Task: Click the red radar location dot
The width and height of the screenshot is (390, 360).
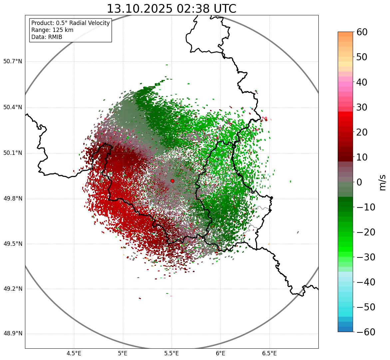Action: pyautogui.click(x=172, y=181)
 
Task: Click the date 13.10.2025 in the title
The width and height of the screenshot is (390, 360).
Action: pyautogui.click(x=140, y=9)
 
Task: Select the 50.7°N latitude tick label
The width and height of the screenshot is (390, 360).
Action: pyautogui.click(x=13, y=61)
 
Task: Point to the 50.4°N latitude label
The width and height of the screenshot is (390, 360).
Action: pyautogui.click(x=13, y=107)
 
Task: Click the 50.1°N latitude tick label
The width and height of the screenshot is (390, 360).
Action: pyautogui.click(x=13, y=153)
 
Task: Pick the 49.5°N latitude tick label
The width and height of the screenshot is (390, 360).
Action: pyautogui.click(x=13, y=244)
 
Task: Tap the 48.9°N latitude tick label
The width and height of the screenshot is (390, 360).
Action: pyautogui.click(x=13, y=334)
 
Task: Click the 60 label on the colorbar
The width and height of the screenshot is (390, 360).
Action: pyautogui.click(x=362, y=32)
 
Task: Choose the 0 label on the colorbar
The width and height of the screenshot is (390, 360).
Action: pyautogui.click(x=359, y=182)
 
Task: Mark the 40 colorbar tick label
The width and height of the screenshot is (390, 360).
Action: pyautogui.click(x=362, y=82)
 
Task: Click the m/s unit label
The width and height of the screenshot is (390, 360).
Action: pyautogui.click(x=383, y=182)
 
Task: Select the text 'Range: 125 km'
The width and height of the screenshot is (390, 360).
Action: pyautogui.click(x=52, y=30)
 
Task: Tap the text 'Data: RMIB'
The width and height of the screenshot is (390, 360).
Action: pyautogui.click(x=47, y=37)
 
